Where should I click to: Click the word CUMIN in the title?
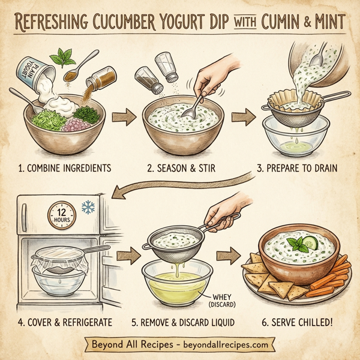pos(280,23)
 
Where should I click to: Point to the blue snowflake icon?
pos(89,206)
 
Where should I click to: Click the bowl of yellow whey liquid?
pos(177,282)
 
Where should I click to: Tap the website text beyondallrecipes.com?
pos(226,346)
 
